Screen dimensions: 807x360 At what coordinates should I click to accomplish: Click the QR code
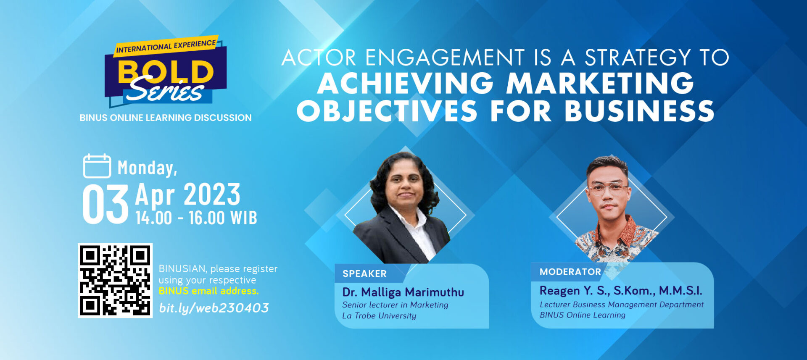click(x=115, y=280)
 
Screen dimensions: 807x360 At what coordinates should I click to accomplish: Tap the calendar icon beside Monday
click(x=97, y=166)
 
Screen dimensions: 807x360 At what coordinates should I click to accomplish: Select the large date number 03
click(x=105, y=205)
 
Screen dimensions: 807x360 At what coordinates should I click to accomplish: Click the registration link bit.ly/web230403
click(x=214, y=308)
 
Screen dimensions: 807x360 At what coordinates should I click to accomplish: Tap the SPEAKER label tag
click(x=364, y=273)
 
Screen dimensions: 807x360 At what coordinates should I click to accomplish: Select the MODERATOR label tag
click(x=570, y=272)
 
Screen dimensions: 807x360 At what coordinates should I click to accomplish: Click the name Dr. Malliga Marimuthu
click(x=403, y=292)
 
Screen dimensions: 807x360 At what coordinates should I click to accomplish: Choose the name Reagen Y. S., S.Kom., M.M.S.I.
click(x=621, y=290)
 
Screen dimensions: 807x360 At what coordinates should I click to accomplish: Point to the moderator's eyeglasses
click(x=608, y=188)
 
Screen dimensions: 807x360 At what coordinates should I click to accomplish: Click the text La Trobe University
click(x=379, y=315)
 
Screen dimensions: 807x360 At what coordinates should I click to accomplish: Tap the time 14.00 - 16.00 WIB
click(x=196, y=218)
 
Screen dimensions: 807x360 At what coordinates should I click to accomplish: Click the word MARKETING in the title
click(x=600, y=83)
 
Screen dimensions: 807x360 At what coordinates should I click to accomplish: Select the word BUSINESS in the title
click(x=639, y=111)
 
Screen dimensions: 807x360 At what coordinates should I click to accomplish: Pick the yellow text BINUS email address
click(x=209, y=291)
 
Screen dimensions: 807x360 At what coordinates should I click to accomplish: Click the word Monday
click(x=148, y=168)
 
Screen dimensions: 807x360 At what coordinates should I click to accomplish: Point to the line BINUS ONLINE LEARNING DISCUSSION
click(x=166, y=118)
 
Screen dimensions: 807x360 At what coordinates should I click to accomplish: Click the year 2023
click(x=212, y=194)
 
